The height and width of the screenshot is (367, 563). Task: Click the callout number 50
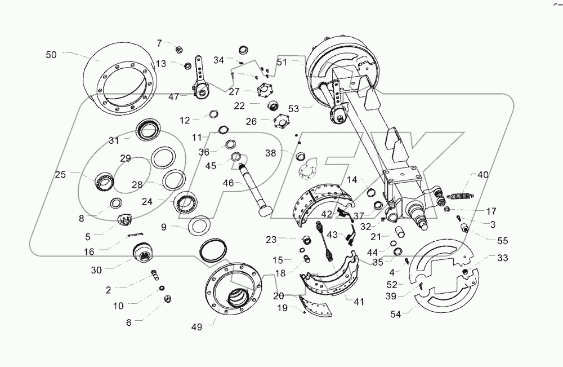coord(51,55)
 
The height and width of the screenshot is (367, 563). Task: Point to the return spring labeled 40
coord(461,196)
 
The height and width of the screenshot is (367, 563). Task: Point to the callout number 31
coord(115,140)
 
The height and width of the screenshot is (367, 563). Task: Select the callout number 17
coord(491,211)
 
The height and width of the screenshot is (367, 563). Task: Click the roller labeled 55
coord(466,228)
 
